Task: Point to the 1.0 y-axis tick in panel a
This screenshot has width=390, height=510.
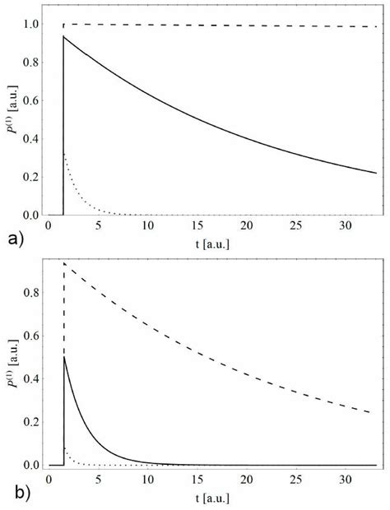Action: point(30,24)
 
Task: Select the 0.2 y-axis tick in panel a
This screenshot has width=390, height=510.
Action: point(30,177)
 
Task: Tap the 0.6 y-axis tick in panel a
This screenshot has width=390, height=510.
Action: point(30,100)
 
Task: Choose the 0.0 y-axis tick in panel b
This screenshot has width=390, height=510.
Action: point(30,465)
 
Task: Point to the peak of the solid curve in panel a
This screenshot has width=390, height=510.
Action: point(64,36)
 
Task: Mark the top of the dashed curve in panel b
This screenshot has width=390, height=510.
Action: point(64,263)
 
